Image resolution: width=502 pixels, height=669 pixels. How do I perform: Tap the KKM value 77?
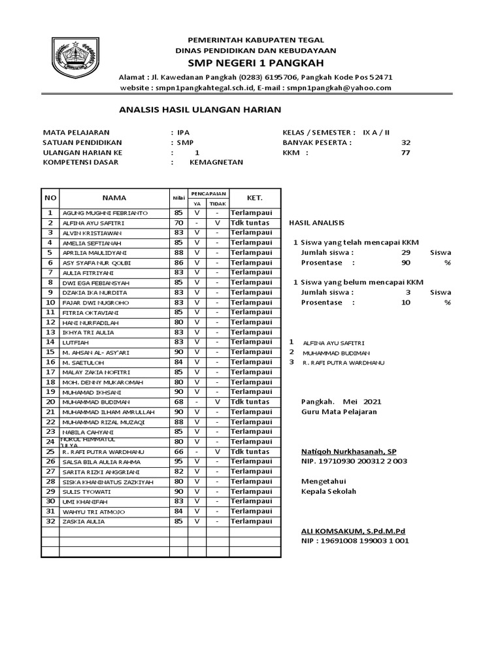[406, 152]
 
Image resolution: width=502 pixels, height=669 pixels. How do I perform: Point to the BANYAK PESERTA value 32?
[406, 142]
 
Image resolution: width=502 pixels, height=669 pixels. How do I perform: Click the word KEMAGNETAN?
[216, 162]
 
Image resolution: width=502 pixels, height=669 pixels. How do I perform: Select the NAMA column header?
[114, 198]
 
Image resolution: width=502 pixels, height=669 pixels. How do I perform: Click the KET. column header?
[254, 197]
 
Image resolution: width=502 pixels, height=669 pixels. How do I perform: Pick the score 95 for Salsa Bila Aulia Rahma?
[178, 461]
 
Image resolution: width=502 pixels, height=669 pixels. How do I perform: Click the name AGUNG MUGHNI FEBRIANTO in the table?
[105, 213]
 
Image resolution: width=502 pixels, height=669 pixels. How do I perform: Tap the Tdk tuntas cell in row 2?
[249, 223]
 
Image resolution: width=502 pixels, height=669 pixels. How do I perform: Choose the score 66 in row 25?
[178, 451]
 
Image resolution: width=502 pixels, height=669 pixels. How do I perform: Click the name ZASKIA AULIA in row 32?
[83, 522]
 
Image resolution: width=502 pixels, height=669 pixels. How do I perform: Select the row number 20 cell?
[50, 402]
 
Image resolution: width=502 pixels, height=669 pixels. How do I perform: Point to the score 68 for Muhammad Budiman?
[178, 402]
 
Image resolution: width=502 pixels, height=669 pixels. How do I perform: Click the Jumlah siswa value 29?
[406, 252]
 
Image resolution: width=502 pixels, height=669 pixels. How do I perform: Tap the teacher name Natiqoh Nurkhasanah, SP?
[348, 451]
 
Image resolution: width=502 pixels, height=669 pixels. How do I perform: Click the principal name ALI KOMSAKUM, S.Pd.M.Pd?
[353, 531]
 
